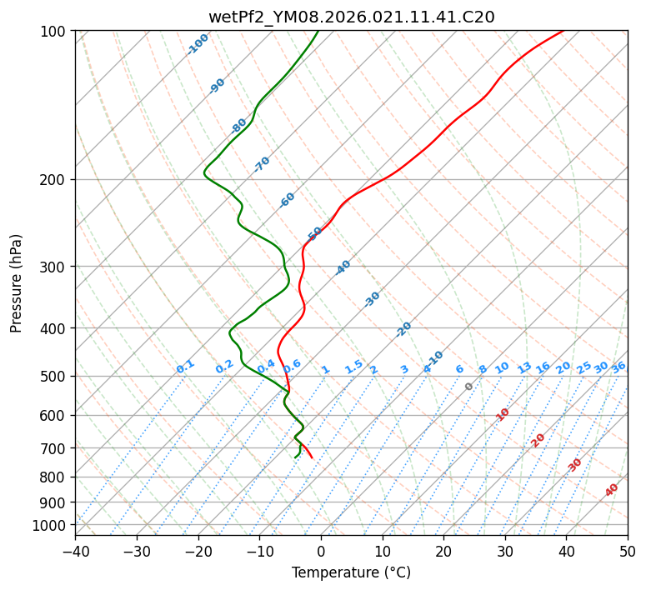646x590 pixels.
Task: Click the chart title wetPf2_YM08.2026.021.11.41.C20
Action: (351, 17)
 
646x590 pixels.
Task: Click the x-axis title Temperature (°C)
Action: (351, 573)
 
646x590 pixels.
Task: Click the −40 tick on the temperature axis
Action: (75, 552)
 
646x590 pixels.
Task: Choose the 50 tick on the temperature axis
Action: (628, 552)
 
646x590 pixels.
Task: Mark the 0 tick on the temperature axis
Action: (321, 552)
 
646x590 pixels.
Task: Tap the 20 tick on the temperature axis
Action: (443, 552)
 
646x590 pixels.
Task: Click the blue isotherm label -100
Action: (198, 44)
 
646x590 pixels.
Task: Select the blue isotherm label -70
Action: (262, 164)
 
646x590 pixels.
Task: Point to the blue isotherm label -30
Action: (372, 299)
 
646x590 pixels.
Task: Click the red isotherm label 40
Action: (612, 490)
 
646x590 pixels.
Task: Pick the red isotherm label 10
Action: (502, 414)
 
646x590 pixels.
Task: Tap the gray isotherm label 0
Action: (469, 387)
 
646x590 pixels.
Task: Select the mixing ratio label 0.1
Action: (185, 366)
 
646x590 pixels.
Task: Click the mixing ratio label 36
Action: (618, 367)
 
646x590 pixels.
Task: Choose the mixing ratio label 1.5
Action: (353, 365)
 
